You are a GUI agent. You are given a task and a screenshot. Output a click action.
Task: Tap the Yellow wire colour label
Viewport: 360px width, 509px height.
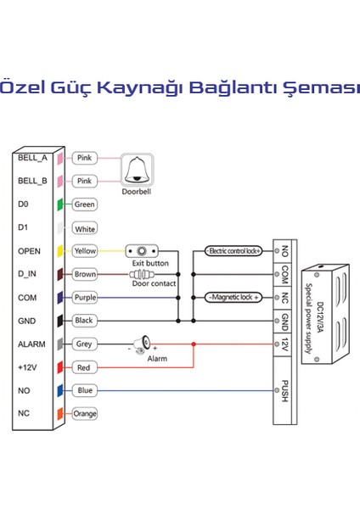click(84, 252)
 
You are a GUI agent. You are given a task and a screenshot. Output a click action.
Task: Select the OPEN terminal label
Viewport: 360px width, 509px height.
click(29, 252)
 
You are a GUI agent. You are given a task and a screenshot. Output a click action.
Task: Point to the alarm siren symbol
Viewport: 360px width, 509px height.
click(145, 343)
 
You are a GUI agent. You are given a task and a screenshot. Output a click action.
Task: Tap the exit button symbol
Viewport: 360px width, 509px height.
click(142, 252)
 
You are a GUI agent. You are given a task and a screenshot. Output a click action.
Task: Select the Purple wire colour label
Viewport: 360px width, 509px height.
click(84, 298)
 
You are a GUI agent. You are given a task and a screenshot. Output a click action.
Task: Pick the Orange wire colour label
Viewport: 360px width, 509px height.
click(84, 414)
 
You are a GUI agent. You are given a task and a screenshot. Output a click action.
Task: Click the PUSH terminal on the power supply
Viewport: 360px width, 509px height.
click(285, 391)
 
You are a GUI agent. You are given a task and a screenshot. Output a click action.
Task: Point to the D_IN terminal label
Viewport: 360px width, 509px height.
click(29, 275)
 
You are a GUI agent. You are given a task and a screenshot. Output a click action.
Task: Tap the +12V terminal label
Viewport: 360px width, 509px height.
click(29, 368)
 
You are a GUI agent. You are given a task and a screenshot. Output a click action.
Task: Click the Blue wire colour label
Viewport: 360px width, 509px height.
click(84, 391)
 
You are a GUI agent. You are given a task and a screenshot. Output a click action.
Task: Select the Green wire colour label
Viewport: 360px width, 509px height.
click(84, 204)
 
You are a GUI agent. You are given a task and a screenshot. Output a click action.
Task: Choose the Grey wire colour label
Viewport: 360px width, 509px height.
click(84, 344)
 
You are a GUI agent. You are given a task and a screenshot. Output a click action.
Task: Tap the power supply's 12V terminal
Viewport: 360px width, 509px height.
click(285, 344)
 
